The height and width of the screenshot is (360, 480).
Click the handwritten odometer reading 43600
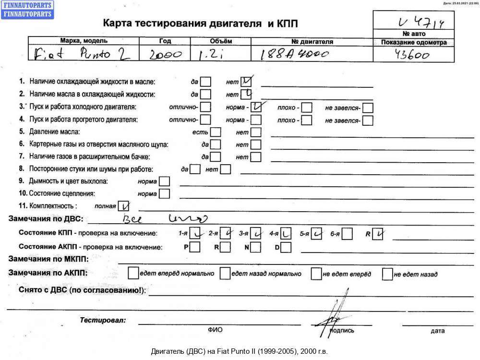(x=412, y=56)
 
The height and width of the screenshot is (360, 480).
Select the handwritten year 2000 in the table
(x=165, y=56)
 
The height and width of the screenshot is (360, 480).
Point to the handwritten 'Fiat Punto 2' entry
(x=82, y=54)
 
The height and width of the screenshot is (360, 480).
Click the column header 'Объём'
(x=221, y=41)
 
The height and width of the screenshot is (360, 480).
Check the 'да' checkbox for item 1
(x=205, y=82)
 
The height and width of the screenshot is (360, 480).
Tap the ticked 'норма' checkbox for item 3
(x=256, y=107)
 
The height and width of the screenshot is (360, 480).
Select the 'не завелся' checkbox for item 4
(x=368, y=120)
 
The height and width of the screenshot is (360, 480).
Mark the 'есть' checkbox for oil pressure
(x=216, y=132)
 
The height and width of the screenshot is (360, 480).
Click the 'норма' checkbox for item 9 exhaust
(x=164, y=182)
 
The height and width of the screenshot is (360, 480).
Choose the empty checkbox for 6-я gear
(x=348, y=234)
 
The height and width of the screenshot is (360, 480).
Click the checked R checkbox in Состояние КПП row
(x=378, y=234)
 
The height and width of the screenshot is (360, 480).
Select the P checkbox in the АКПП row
(x=195, y=248)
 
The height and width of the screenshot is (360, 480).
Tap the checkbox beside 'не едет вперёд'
(x=316, y=274)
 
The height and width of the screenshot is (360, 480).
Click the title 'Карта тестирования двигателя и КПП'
(x=204, y=24)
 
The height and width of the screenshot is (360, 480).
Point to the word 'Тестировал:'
(x=103, y=320)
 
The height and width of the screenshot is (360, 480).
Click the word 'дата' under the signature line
(x=437, y=331)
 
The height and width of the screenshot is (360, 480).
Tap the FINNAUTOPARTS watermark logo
(x=28, y=9)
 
